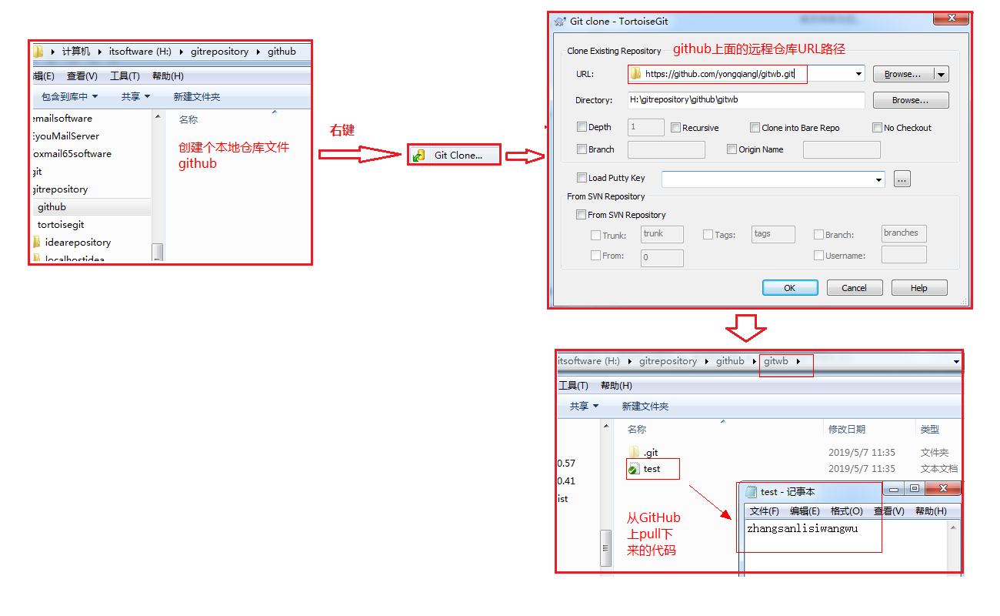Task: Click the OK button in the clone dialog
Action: point(790,288)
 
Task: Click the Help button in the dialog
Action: point(918,288)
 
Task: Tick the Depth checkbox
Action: point(582,127)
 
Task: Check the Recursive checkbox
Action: point(675,128)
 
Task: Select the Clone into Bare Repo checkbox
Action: point(755,128)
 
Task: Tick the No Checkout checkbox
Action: point(877,128)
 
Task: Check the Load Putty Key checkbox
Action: point(582,178)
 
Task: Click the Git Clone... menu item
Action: point(454,155)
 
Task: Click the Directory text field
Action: point(745,99)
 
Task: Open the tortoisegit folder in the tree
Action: point(61,224)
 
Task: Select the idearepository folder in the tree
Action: point(78,243)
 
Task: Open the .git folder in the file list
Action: point(650,453)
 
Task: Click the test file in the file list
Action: point(652,469)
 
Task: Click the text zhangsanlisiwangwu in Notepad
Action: point(802,528)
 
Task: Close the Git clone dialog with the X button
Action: point(951,18)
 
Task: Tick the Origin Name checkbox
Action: point(732,149)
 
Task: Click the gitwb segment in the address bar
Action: point(776,361)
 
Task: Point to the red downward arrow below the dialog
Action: point(745,328)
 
